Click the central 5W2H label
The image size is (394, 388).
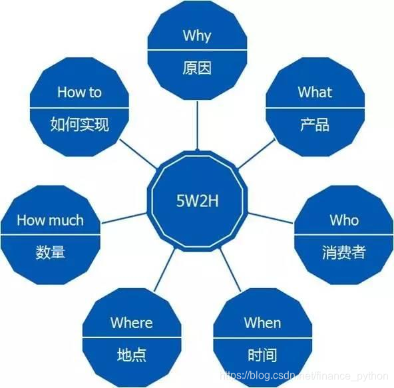coord(197,199)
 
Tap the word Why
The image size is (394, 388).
coord(197,35)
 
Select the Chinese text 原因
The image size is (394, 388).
coord(197,67)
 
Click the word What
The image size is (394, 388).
coord(315,92)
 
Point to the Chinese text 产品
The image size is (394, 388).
coord(315,124)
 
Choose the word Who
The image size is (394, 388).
coord(344,220)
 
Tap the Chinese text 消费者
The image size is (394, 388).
coord(344,253)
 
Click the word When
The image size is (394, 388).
coord(262,323)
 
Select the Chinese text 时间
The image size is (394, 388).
coord(262,355)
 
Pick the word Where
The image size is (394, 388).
coord(131,323)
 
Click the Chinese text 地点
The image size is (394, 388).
coord(131,355)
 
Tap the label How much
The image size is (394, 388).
coord(51,220)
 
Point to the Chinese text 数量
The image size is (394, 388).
coord(51,253)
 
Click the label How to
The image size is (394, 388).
coord(79,92)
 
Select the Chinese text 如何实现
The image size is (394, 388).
coord(79,124)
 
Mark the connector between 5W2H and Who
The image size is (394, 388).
coord(270,217)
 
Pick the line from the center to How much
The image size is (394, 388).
coord(124,217)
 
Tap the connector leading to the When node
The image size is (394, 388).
coord(230,270)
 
